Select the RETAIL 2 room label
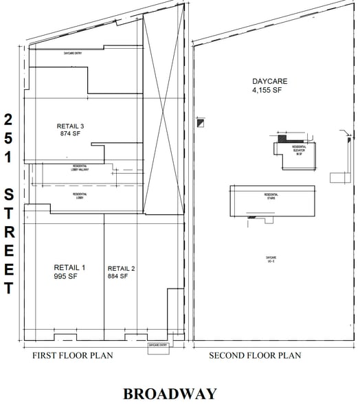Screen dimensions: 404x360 click(x=122, y=267)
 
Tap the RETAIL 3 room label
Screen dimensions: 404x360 click(x=70, y=126)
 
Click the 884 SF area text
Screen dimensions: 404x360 click(x=117, y=276)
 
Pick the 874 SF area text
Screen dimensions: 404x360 click(x=70, y=135)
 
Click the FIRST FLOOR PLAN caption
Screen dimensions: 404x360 click(x=73, y=355)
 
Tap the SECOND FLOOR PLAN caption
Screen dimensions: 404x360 click(x=255, y=355)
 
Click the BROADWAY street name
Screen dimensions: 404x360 click(x=170, y=393)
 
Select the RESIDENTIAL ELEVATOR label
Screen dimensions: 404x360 click(x=299, y=149)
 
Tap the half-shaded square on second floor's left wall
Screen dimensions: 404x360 click(x=200, y=124)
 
